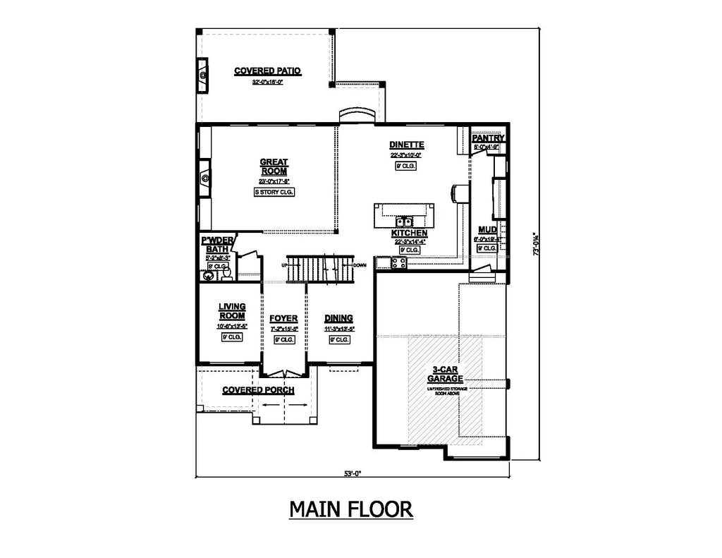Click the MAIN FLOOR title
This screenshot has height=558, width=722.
tap(350, 509)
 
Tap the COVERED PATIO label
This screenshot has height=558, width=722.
tap(267, 71)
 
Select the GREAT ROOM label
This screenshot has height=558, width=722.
tap(274, 166)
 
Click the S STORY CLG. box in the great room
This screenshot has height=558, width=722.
tap(274, 192)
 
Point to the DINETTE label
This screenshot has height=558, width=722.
tap(405, 145)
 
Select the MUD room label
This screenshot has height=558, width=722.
tap(487, 230)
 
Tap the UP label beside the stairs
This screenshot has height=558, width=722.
tap(283, 265)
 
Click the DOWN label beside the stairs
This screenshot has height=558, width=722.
tap(360, 265)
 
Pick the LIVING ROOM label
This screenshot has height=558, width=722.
tap(231, 311)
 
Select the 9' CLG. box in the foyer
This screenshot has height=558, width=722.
tap(283, 339)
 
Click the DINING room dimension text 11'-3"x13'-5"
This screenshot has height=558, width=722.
tap(339, 328)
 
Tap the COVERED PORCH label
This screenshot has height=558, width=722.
tap(258, 390)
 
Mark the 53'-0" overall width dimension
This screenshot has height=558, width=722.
tap(353, 473)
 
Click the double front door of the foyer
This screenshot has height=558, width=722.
tap(283, 374)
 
